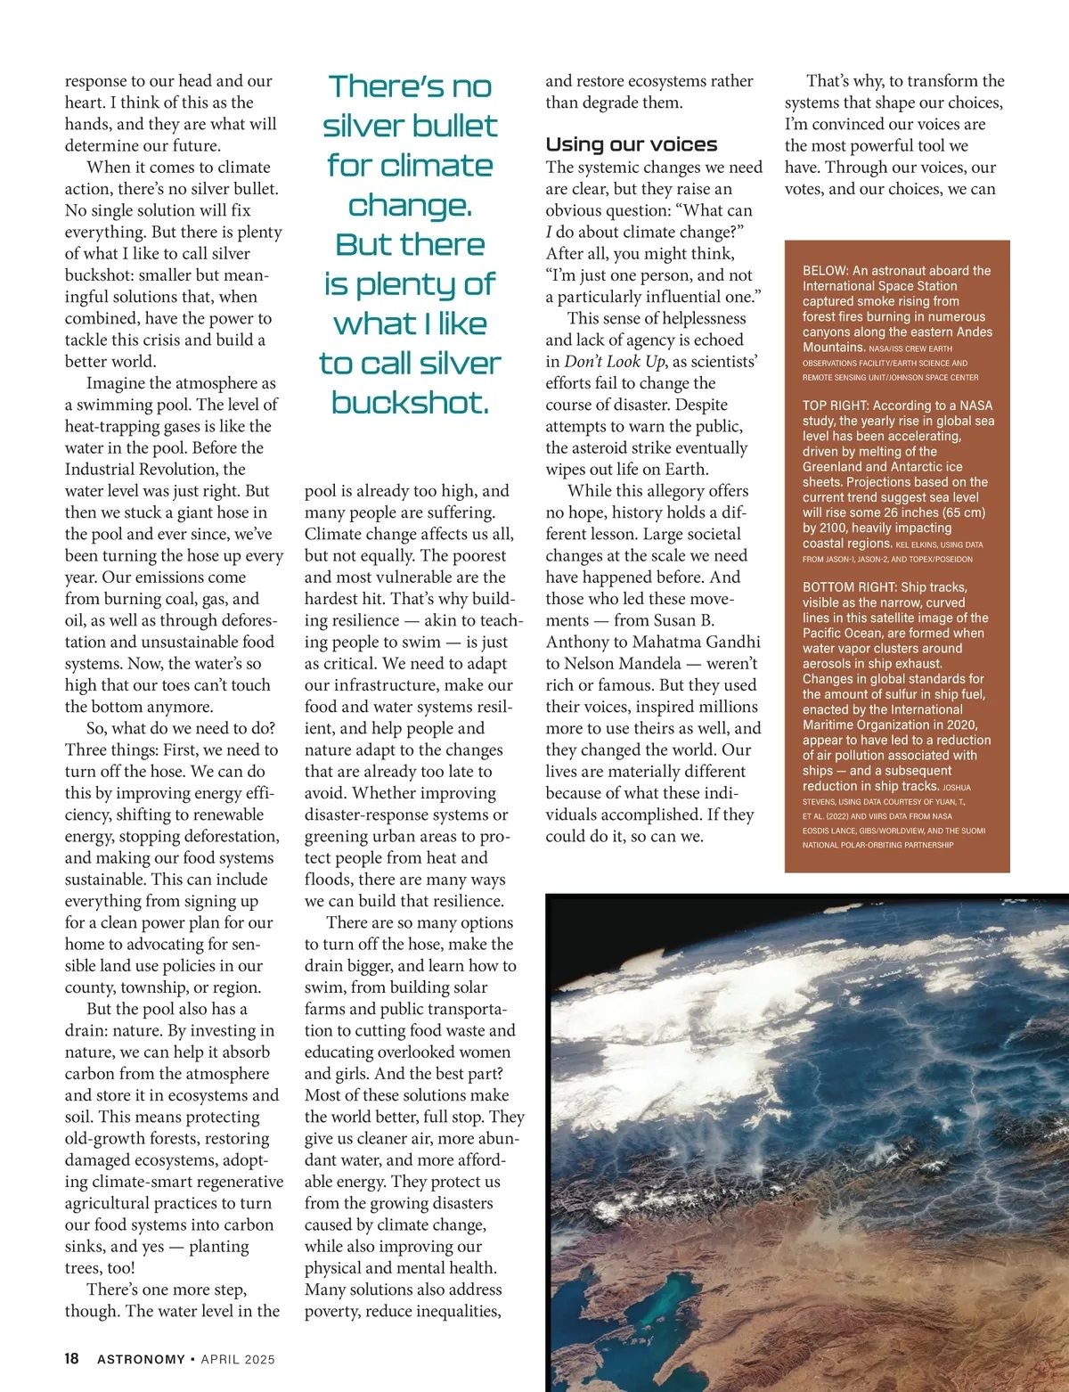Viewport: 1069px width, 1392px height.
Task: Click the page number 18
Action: tap(71, 1359)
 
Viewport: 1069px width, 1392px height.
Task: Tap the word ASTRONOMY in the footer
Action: tap(141, 1360)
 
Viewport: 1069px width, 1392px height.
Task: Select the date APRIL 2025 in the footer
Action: tap(238, 1360)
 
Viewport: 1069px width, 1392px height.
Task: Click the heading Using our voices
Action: tap(631, 144)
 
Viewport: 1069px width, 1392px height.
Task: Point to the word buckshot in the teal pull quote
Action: tap(410, 403)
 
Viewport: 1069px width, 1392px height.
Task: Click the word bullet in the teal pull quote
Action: tap(449, 126)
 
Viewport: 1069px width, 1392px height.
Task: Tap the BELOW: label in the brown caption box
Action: tap(825, 271)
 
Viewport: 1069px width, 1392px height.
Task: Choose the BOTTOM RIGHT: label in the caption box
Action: tap(846, 587)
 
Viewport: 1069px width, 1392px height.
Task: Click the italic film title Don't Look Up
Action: tap(615, 362)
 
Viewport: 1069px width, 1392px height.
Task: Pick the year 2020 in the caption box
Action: tap(959, 725)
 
